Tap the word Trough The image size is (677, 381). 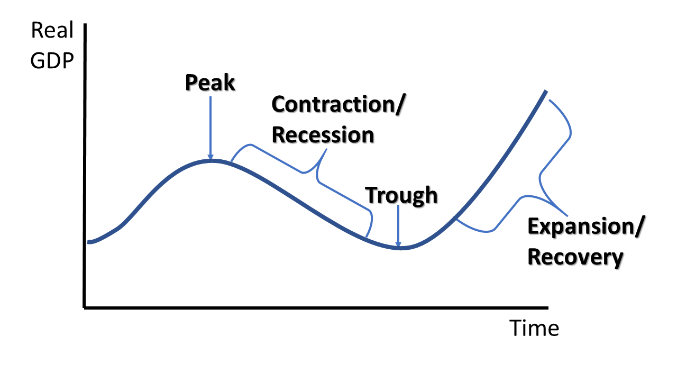(x=401, y=195)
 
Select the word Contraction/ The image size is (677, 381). (x=338, y=104)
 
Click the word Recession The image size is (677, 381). (x=323, y=134)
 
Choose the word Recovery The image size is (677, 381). (x=575, y=257)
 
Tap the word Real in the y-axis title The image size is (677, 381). (x=52, y=30)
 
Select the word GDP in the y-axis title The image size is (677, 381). (x=52, y=60)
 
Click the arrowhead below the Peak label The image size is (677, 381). (x=211, y=157)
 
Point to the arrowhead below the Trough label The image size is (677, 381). (x=398, y=244)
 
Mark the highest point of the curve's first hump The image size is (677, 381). (x=213, y=160)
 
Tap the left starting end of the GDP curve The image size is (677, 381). (x=88, y=242)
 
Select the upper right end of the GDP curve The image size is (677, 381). (x=546, y=90)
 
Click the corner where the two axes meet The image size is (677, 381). (x=84, y=308)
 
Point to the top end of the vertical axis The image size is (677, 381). (x=85, y=24)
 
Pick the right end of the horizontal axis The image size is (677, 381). (x=547, y=308)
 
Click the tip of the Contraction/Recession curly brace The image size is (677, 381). (x=326, y=149)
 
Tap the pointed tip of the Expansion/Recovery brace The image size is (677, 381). (x=567, y=215)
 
